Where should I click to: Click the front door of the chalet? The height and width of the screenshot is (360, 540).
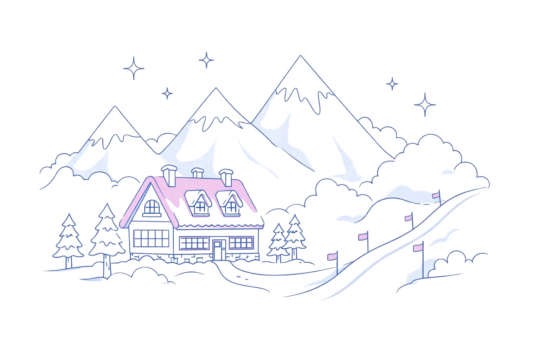coord(219,250)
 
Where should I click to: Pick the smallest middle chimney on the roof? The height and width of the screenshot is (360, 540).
coord(198,173)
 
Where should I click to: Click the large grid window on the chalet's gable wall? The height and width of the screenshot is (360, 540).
coord(152,238)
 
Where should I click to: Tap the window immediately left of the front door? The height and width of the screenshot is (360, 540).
coord(194,243)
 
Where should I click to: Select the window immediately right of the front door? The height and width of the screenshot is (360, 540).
coord(241,243)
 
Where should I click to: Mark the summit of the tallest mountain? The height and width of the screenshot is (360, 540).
coord(300,56)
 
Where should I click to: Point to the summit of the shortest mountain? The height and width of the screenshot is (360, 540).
coord(114,107)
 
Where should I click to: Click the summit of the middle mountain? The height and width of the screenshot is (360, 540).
coord(215,88)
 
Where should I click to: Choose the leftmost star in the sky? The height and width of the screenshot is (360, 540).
coord(134,68)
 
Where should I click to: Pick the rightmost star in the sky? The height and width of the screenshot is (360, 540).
coord(425,104)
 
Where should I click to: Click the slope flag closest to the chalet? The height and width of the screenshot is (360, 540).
coord(332,257)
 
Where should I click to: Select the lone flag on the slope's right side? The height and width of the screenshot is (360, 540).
coord(418,248)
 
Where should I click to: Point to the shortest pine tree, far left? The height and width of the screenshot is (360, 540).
coord(68,239)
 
